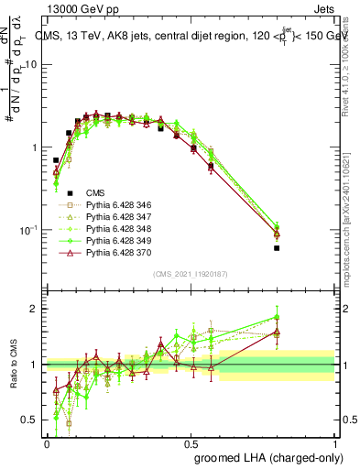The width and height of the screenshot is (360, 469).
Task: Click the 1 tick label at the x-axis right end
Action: click(335, 442)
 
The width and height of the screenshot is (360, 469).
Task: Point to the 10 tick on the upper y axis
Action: click(33, 65)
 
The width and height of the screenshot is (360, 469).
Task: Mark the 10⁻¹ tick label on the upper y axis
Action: click(30, 230)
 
